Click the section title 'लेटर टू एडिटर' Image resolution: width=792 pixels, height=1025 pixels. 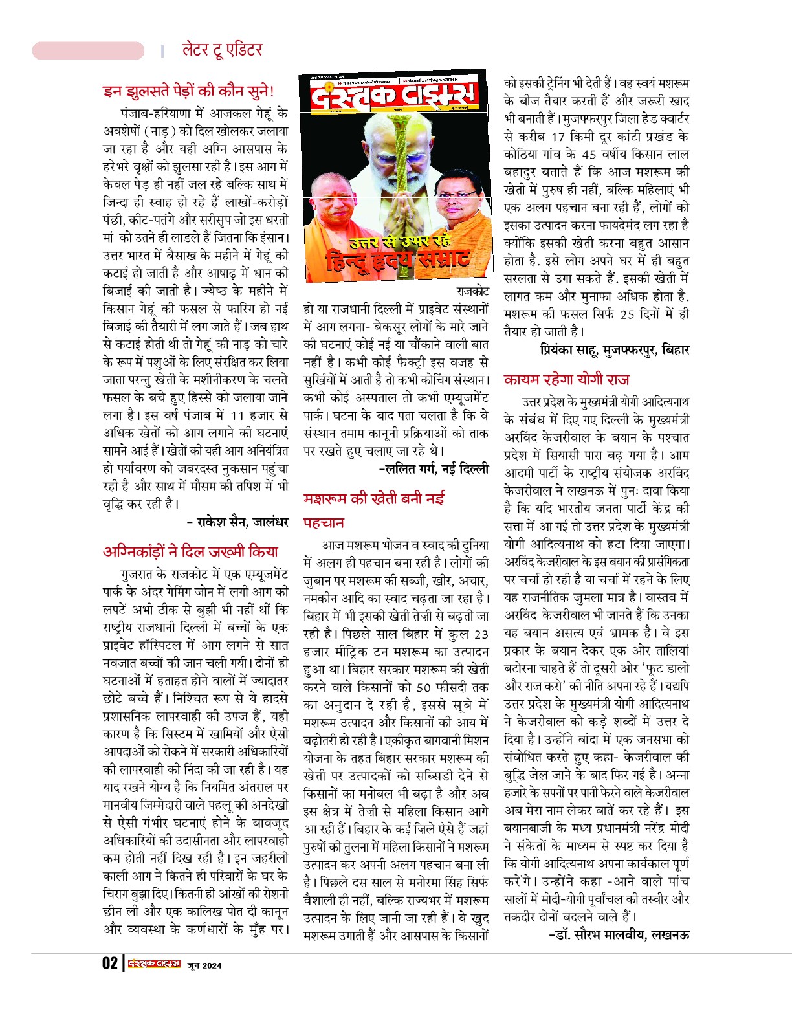(222, 50)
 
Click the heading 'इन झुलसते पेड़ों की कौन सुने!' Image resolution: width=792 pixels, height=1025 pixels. (188, 91)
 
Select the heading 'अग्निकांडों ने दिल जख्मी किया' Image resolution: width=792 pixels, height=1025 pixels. (190, 551)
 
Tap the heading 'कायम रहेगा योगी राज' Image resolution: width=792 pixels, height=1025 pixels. (566, 380)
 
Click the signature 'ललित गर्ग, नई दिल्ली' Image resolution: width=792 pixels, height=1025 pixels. (434, 468)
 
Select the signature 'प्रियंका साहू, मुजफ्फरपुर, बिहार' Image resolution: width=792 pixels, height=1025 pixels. (614, 350)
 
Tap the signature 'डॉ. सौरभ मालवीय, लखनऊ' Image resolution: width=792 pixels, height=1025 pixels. (619, 934)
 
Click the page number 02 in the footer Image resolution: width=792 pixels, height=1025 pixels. (110, 964)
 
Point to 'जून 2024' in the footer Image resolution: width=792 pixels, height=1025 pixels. (204, 965)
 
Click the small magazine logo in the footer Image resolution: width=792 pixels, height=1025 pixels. (154, 964)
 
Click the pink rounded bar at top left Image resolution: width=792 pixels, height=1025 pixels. (88, 50)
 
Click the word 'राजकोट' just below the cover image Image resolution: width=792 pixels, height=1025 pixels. (472, 292)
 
